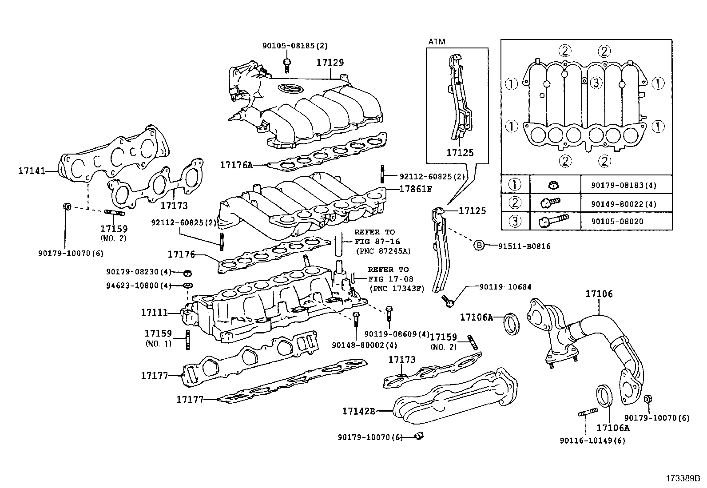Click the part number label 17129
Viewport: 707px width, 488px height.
tap(330, 63)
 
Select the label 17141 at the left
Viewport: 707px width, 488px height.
tap(32, 170)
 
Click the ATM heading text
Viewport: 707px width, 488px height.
tap(436, 42)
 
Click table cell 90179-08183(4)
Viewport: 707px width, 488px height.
tap(624, 185)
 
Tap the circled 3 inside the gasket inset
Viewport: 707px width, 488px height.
tap(596, 83)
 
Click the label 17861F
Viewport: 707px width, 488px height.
tap(415, 189)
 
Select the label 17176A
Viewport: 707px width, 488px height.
tap(236, 165)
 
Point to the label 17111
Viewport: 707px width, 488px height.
tap(154, 312)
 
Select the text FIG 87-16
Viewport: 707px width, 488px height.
tap(377, 242)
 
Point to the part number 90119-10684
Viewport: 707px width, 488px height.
tap(505, 287)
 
